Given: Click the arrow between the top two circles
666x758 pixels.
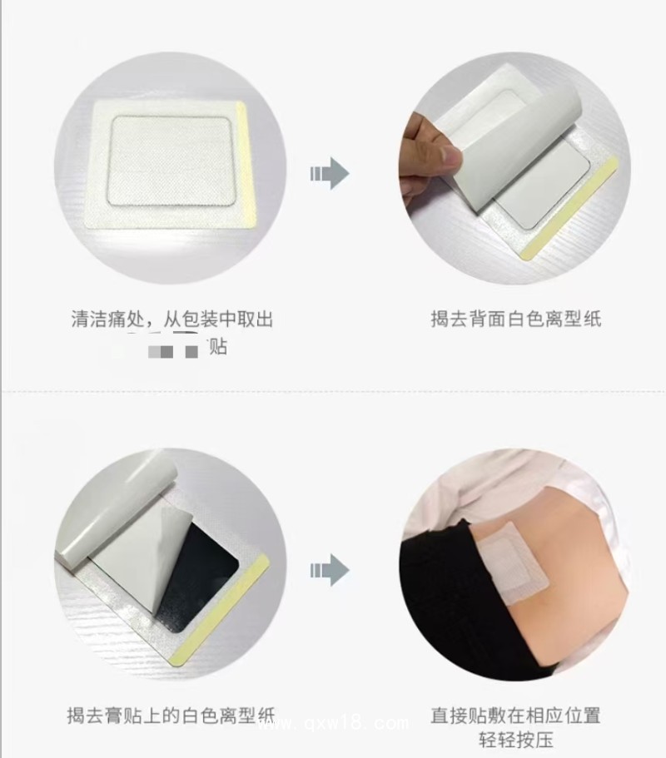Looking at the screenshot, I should (x=330, y=173).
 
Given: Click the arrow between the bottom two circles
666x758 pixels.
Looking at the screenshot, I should (x=330, y=570).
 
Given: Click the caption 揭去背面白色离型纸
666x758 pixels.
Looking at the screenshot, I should (x=515, y=318).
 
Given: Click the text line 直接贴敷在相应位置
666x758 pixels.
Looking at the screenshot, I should (x=515, y=714).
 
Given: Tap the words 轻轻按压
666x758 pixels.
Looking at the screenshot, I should (x=515, y=740).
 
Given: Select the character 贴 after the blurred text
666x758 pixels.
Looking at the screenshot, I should (x=217, y=347).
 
